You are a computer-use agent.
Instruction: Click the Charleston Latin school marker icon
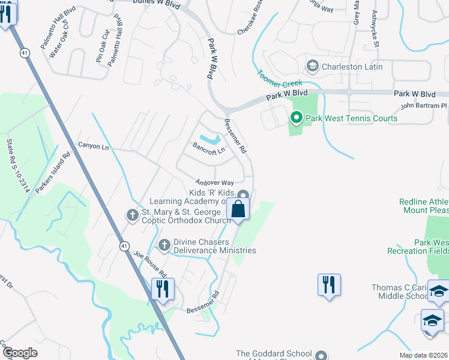pos(312,66)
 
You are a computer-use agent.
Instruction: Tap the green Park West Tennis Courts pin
pos(295,118)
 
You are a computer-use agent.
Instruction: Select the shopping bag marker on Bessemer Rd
pos(238,211)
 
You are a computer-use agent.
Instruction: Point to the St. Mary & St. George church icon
pos(133,214)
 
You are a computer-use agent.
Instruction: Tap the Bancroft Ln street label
pos(208,148)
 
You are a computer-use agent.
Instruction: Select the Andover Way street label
pos(213,182)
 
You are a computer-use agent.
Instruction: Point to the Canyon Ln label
pos(94,146)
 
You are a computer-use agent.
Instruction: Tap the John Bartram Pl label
pos(424,106)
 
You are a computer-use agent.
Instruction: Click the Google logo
pos(20,353)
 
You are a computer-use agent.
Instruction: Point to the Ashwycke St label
pos(375,28)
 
